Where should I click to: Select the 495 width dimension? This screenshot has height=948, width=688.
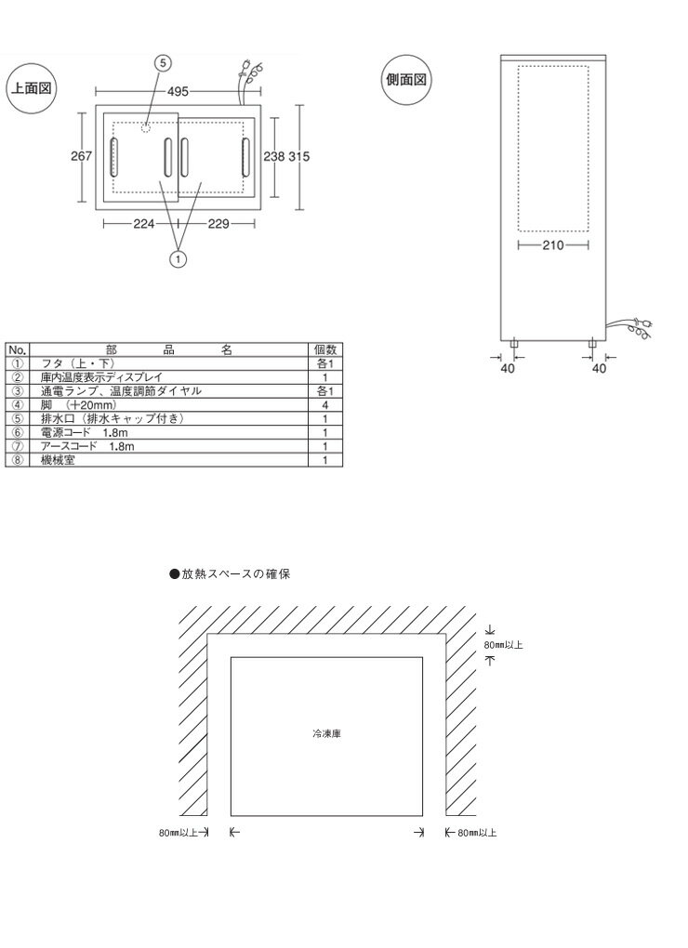(x=179, y=91)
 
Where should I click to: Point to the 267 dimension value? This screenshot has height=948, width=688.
(x=81, y=156)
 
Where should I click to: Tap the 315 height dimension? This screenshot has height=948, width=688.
(x=298, y=156)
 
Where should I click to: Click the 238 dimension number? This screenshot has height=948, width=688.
(x=272, y=156)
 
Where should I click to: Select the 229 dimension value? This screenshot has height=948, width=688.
(x=219, y=223)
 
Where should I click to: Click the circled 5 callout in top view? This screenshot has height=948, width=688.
(x=163, y=63)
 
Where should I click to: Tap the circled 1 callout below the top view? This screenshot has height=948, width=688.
(x=177, y=259)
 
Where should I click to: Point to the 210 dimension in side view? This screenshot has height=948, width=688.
(x=552, y=245)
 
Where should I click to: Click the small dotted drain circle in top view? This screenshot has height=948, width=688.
(x=145, y=127)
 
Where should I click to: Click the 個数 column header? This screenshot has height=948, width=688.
(x=324, y=350)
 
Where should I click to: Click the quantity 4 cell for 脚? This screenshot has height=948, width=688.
(x=324, y=405)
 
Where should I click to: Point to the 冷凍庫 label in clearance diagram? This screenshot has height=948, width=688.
(x=325, y=733)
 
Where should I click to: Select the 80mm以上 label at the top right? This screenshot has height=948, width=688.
(x=503, y=643)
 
